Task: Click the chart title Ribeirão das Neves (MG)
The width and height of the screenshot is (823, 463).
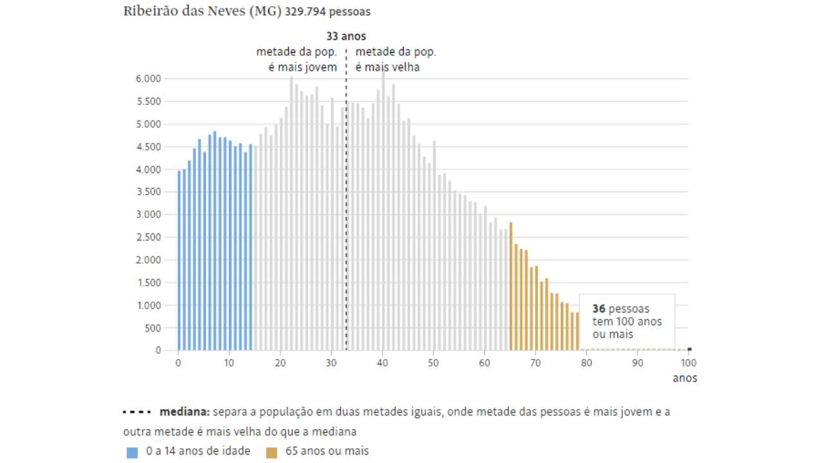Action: (203, 12)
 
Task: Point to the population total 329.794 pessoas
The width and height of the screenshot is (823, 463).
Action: (327, 12)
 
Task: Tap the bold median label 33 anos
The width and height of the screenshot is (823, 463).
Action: (346, 37)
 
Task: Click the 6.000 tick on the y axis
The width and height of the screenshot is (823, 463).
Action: (148, 79)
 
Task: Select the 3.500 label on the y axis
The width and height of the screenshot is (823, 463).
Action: (148, 192)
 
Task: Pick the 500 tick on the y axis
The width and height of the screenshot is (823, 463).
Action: (152, 328)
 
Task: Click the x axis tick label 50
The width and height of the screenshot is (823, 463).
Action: (433, 363)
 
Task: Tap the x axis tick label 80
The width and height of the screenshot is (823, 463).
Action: (586, 363)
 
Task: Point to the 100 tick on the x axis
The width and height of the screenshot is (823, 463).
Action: (687, 363)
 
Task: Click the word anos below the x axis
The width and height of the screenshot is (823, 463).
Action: (685, 378)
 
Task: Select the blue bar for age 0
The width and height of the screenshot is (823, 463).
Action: (179, 260)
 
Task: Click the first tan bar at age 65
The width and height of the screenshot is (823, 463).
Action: (511, 286)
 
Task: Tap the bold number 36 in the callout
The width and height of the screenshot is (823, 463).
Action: (599, 309)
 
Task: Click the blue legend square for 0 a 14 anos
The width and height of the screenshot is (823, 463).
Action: (132, 452)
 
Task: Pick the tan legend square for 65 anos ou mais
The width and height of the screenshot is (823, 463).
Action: (271, 452)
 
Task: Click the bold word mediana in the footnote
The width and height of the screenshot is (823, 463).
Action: (185, 412)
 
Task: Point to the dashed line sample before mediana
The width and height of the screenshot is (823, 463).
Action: (136, 412)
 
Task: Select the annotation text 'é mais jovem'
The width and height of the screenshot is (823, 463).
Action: (307, 67)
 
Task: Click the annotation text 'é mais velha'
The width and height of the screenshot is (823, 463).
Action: (388, 67)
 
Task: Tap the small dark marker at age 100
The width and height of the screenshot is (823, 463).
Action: (689, 349)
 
